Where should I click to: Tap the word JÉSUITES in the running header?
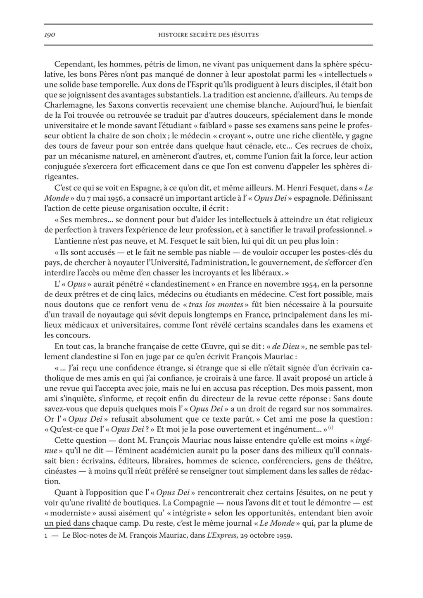point(244,35)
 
